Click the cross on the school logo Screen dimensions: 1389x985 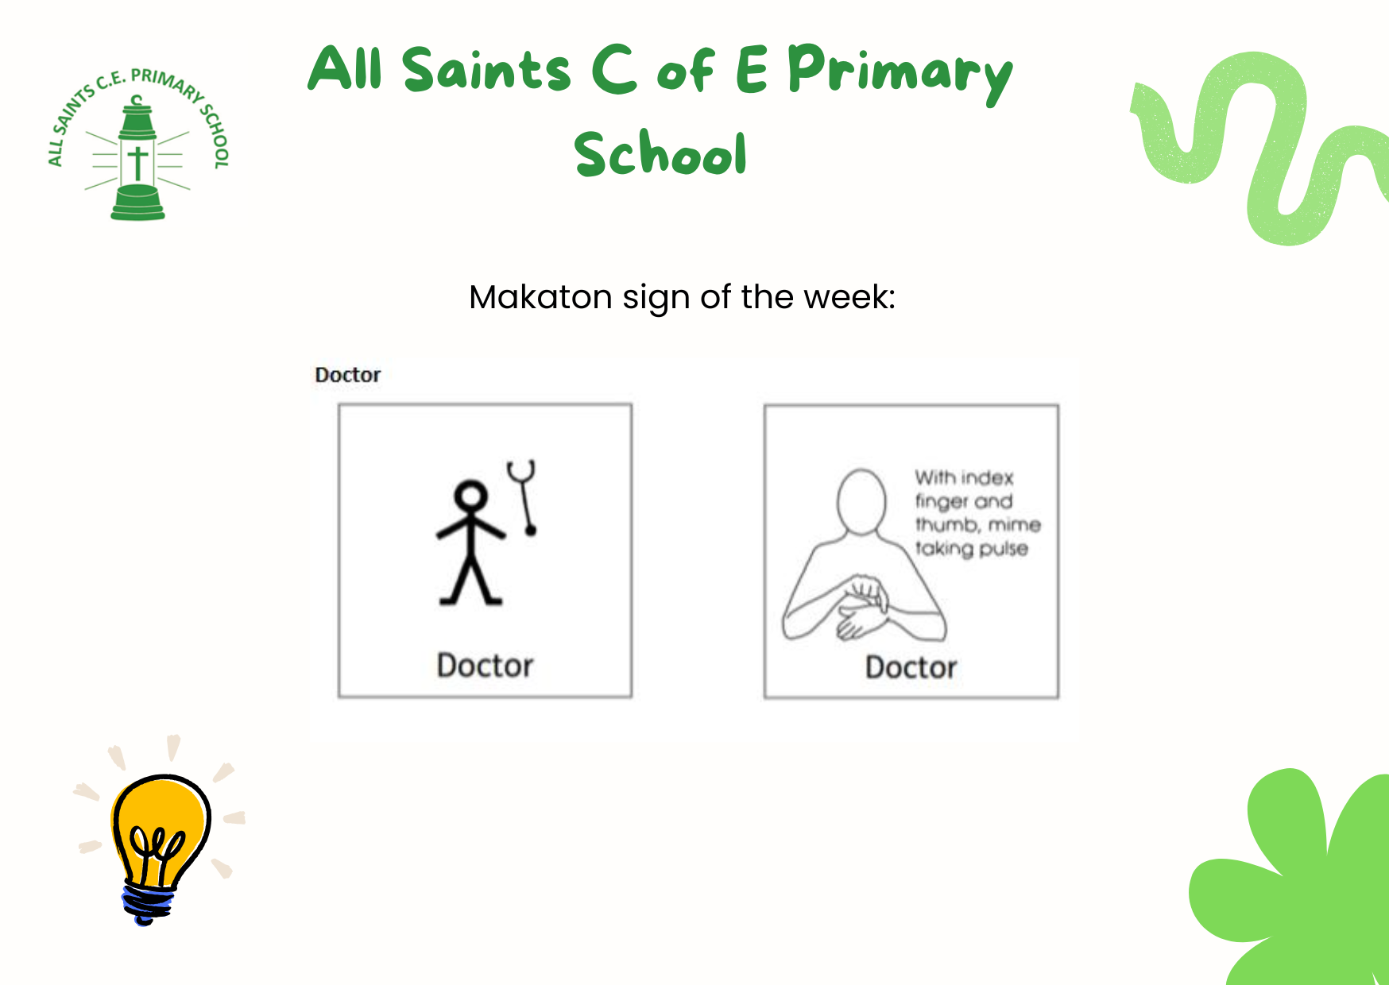click(138, 163)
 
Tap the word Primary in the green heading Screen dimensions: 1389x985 click(900, 73)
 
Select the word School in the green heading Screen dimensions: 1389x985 click(660, 153)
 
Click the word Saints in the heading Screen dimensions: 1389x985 click(486, 69)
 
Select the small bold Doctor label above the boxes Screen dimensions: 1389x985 click(348, 375)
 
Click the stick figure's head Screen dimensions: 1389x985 click(471, 496)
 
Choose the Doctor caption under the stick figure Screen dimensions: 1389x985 click(485, 666)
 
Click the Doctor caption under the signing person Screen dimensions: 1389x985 click(911, 667)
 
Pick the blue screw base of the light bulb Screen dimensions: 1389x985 click(148, 904)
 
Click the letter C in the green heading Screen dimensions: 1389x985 click(614, 68)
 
